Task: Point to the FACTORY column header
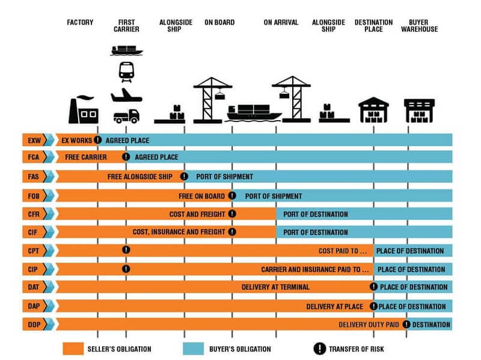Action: tap(80, 23)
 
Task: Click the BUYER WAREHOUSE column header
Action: tap(419, 26)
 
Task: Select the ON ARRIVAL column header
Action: tap(281, 23)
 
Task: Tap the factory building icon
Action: tap(83, 110)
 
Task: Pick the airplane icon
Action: tap(126, 94)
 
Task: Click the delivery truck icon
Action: tap(126, 115)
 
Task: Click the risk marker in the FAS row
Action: tap(184, 177)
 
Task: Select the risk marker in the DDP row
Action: tap(406, 325)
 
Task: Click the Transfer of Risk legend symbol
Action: tap(318, 349)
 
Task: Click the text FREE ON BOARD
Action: tap(201, 196)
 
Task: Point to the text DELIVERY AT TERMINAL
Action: tap(275, 287)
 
